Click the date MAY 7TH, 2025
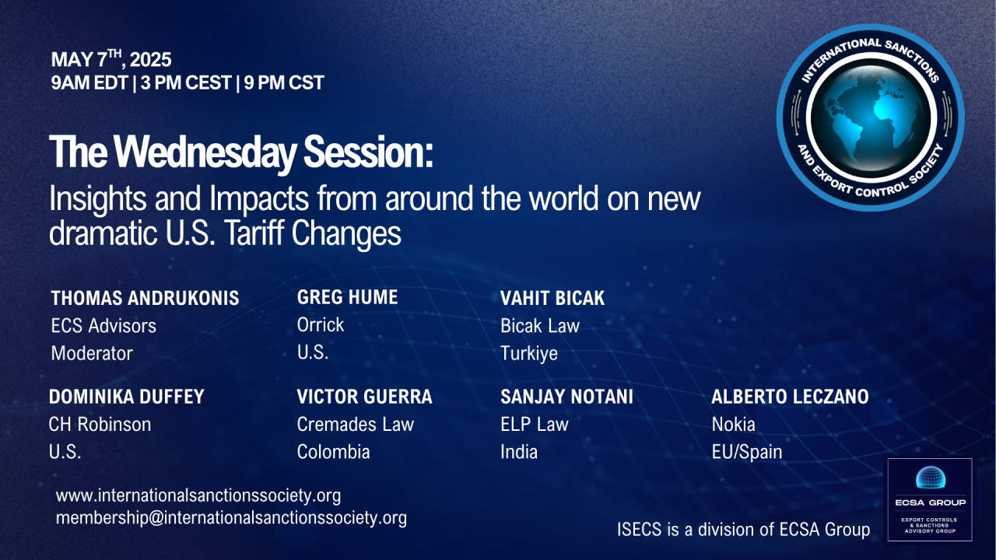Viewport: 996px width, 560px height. click(111, 59)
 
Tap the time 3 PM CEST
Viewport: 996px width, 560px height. click(186, 82)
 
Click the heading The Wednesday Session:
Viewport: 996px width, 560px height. click(240, 152)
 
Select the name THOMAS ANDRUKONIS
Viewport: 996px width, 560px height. click(145, 298)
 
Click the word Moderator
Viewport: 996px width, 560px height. click(92, 353)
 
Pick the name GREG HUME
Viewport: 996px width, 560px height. click(347, 297)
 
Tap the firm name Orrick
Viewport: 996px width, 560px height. click(320, 325)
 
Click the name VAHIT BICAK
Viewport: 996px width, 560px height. click(552, 298)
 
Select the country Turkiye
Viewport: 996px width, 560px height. click(528, 354)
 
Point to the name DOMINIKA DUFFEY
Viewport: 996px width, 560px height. click(126, 397)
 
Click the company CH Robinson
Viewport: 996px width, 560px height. click(100, 425)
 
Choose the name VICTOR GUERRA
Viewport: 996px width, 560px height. click(364, 397)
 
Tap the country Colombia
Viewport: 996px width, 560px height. click(333, 452)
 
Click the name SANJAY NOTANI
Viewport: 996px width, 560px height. click(566, 397)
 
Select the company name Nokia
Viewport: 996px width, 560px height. click(733, 425)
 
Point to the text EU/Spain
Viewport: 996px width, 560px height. click(746, 453)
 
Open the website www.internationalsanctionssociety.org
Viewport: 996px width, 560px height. click(198, 495)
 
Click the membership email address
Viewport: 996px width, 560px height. click(231, 518)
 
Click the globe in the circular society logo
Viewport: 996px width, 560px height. click(871, 117)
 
